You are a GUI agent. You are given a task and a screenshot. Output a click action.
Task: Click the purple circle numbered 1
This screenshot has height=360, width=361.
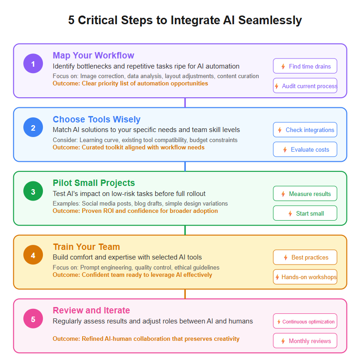(33, 64)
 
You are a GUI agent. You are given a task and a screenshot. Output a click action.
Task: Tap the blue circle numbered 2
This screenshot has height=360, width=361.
(33, 127)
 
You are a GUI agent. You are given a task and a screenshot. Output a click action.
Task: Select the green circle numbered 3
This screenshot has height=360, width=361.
(33, 191)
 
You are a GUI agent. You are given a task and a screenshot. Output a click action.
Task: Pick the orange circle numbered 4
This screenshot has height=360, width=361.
(33, 255)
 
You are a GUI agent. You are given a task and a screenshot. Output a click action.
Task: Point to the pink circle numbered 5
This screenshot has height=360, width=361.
(33, 319)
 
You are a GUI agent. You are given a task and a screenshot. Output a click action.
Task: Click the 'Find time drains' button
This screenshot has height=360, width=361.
(305, 66)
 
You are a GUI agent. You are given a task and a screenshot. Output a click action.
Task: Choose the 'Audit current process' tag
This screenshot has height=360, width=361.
(305, 86)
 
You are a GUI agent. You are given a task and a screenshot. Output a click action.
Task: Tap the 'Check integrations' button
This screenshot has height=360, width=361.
(305, 130)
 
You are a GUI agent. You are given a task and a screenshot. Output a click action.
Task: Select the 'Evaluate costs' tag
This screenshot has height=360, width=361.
(305, 149)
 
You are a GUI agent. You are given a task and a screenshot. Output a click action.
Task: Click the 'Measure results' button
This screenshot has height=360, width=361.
(305, 194)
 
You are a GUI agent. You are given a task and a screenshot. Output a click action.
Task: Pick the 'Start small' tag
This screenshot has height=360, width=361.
(305, 213)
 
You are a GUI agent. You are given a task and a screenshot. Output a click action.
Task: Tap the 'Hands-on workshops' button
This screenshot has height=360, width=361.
(305, 277)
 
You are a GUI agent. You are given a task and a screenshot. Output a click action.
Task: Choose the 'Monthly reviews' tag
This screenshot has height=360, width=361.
(305, 341)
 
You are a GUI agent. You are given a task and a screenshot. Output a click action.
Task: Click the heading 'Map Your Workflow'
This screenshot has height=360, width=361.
(93, 56)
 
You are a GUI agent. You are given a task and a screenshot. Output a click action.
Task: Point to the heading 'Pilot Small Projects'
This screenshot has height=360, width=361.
(94, 183)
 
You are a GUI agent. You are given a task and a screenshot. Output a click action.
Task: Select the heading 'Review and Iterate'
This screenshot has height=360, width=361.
(91, 311)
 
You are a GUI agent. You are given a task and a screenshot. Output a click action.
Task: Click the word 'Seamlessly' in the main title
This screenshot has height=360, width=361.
(270, 20)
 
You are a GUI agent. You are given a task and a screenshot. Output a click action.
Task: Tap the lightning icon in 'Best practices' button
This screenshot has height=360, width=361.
(286, 258)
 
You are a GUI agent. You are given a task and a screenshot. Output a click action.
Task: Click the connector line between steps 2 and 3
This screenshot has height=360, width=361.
(185, 166)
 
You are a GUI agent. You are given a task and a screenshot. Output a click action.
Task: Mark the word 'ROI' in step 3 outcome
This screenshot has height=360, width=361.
(109, 211)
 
